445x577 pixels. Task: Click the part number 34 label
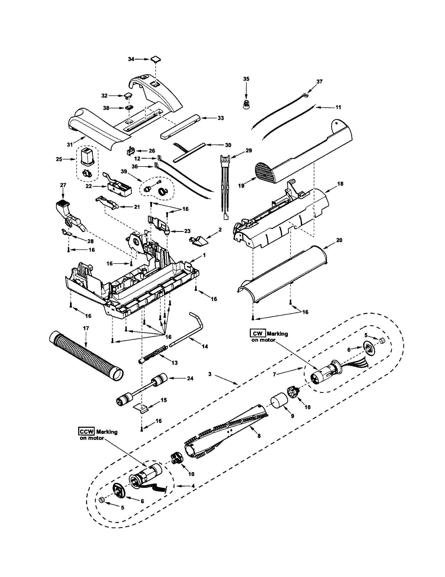pyautogui.click(x=131, y=59)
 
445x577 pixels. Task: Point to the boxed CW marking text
pyautogui.click(x=258, y=333)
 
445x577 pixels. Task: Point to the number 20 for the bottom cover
pyautogui.click(x=339, y=240)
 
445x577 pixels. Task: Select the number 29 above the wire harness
pyautogui.click(x=249, y=151)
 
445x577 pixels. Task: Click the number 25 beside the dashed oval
pyautogui.click(x=59, y=159)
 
